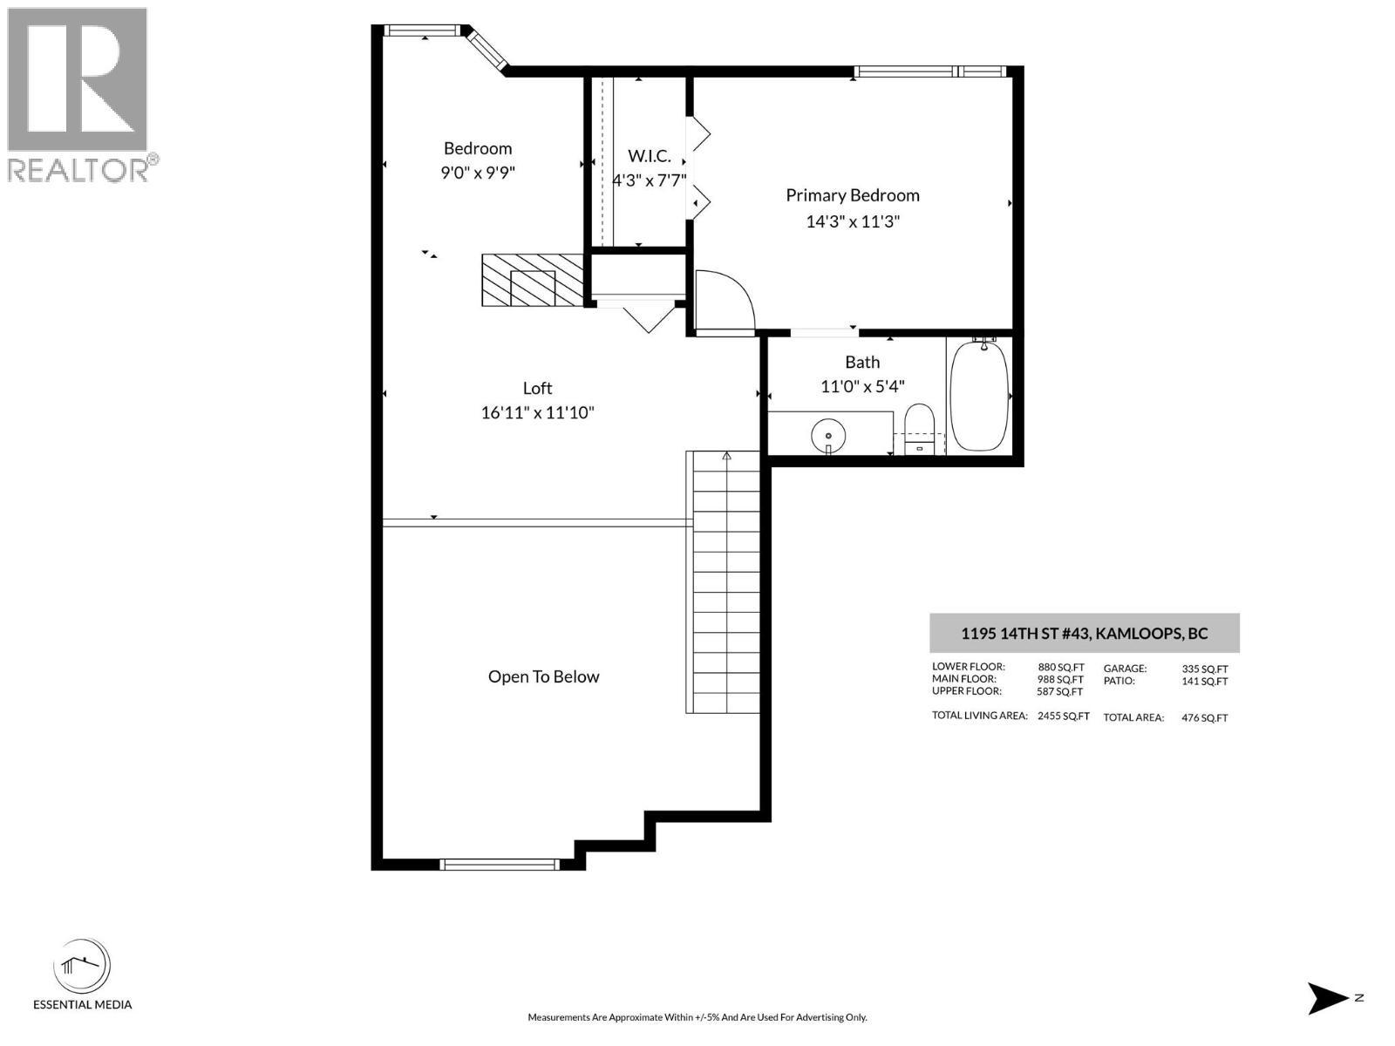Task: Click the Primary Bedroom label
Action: pyautogui.click(x=852, y=195)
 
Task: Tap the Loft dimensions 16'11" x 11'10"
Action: pyautogui.click(x=537, y=412)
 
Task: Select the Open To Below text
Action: pyautogui.click(x=543, y=676)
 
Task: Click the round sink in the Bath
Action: pyautogui.click(x=828, y=433)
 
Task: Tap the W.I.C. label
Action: pyautogui.click(x=650, y=156)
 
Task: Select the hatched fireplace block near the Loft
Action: pyautogui.click(x=533, y=280)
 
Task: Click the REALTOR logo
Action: pyautogui.click(x=78, y=94)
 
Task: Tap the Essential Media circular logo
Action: pyautogui.click(x=82, y=967)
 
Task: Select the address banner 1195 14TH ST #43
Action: pyautogui.click(x=1084, y=634)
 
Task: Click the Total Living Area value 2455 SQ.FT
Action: pyautogui.click(x=1063, y=717)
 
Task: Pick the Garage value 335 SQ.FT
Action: pyautogui.click(x=1204, y=669)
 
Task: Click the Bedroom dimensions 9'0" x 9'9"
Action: pyautogui.click(x=477, y=173)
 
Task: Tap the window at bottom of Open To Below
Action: pyautogui.click(x=499, y=865)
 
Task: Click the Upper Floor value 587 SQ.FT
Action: pyautogui.click(x=1059, y=691)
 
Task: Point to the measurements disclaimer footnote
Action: pyautogui.click(x=697, y=1017)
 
